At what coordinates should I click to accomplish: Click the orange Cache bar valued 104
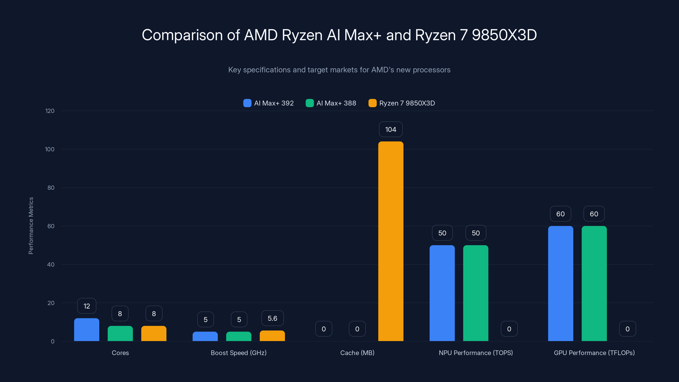[x=391, y=241]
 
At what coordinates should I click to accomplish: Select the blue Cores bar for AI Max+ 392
[x=86, y=330]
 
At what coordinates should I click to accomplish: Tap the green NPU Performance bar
[x=476, y=293]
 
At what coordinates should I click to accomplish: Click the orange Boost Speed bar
[x=272, y=336]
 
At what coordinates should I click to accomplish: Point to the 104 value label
[x=391, y=129]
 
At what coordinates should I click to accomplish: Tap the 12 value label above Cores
[x=86, y=306]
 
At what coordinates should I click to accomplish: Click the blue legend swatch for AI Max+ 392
[x=247, y=103]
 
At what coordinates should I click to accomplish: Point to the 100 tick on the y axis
[x=50, y=149]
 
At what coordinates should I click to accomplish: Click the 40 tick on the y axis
[x=51, y=264]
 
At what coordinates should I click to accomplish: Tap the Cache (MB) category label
[x=357, y=353]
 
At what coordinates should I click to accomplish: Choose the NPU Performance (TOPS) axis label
[x=476, y=353]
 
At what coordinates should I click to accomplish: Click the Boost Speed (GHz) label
[x=238, y=353]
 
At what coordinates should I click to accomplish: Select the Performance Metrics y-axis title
[x=31, y=226]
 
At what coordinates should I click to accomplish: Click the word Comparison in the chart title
[x=182, y=35]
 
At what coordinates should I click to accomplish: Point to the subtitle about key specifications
[x=339, y=70]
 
